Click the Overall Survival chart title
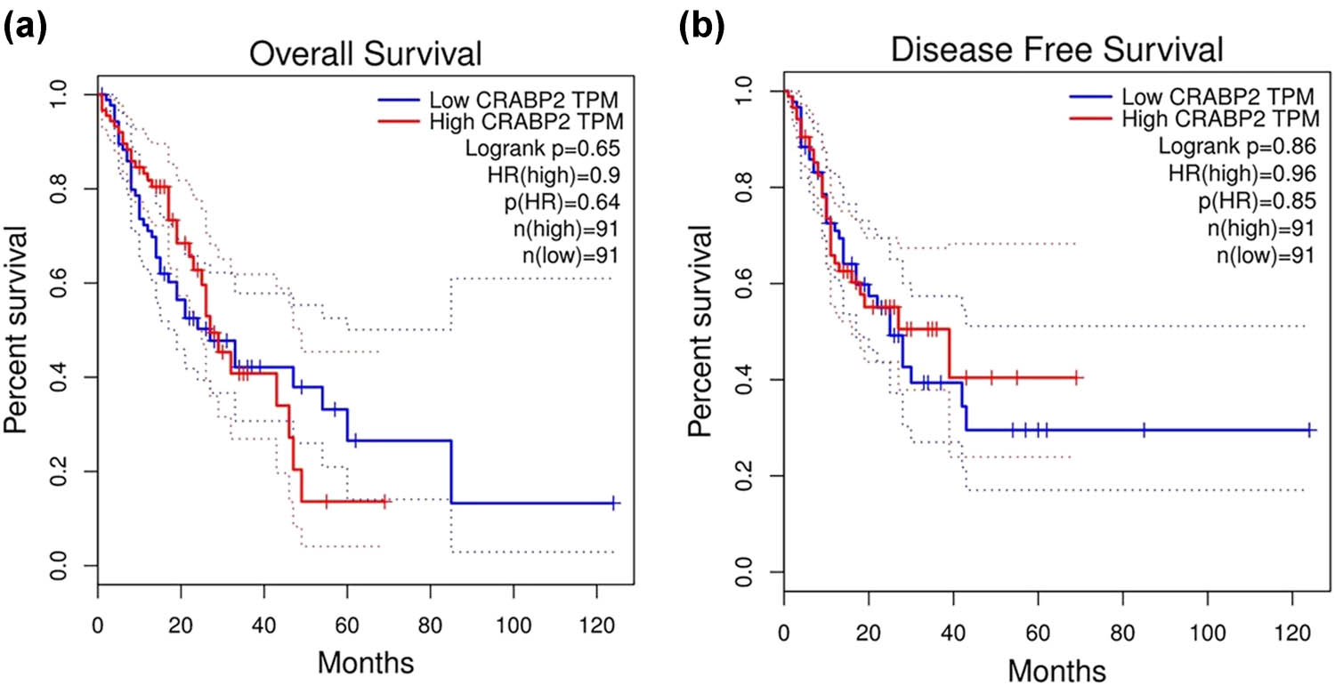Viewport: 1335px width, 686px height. [x=365, y=55]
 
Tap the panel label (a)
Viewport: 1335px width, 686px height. [x=26, y=29]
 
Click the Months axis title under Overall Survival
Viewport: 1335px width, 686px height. [x=365, y=662]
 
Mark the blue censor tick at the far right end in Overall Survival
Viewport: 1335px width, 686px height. [x=614, y=503]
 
